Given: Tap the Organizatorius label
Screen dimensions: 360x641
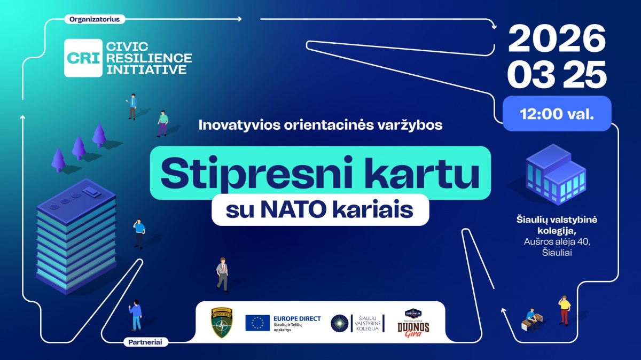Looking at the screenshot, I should pos(94,19).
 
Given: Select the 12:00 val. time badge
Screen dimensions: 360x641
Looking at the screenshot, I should pos(557,114).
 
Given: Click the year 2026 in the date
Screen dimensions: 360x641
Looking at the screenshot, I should pos(557,39).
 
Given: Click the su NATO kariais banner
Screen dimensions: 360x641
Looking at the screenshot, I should pos(320,210).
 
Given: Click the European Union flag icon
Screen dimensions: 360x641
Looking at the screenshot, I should pos(257,323).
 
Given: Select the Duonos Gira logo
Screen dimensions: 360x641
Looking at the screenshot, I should pos(413,323).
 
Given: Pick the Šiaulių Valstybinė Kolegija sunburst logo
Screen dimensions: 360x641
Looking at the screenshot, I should pos(339,323).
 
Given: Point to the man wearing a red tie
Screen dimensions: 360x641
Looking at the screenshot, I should pos(222,274).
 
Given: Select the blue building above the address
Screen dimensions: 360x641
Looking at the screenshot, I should pos(555,174).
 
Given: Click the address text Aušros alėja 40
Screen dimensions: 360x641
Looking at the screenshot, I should pos(557,242).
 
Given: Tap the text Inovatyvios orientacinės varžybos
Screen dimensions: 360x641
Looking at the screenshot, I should pos(320,126).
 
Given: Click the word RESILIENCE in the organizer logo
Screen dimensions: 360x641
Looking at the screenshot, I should pos(148,58).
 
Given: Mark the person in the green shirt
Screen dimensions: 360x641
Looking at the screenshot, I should pos(162,123).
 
